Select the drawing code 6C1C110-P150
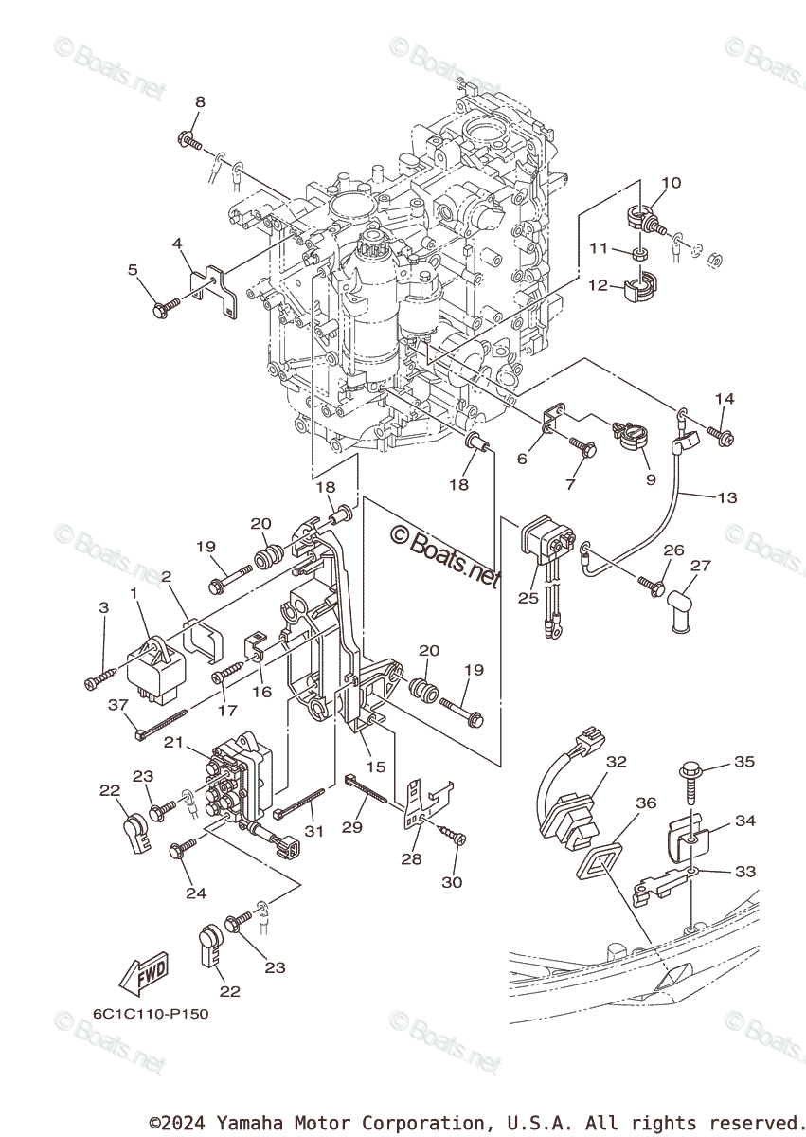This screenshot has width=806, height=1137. point(151,1014)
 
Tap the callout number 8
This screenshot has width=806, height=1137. point(200,102)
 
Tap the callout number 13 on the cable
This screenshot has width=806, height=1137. point(727,497)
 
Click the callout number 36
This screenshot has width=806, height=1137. point(646,803)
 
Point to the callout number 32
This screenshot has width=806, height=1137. point(617,762)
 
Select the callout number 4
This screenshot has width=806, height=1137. point(176,244)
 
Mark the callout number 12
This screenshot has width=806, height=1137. point(597,285)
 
